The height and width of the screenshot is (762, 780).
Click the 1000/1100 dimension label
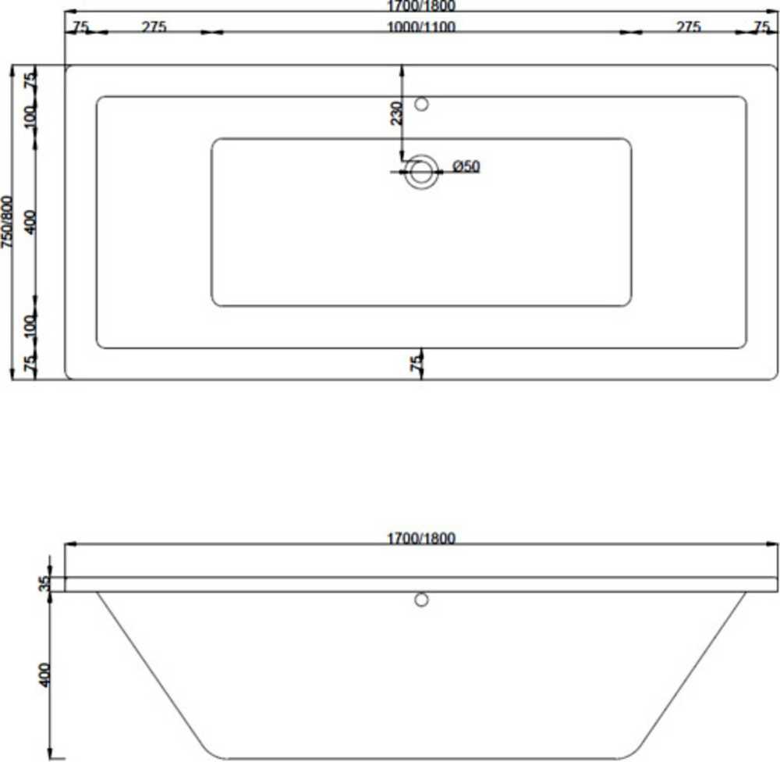pos(421,27)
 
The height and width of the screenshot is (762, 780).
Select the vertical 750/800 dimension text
pos(7,222)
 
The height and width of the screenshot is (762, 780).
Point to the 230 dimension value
pos(396,113)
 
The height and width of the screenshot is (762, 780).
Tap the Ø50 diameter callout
pos(466,166)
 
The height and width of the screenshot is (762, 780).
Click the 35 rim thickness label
pos(44,583)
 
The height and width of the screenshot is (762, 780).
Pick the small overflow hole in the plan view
pos(422,104)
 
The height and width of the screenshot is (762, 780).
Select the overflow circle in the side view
pos(421,600)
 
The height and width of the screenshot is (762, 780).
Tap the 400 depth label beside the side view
pos(44,675)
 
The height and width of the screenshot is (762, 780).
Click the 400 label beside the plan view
pos(30,223)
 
